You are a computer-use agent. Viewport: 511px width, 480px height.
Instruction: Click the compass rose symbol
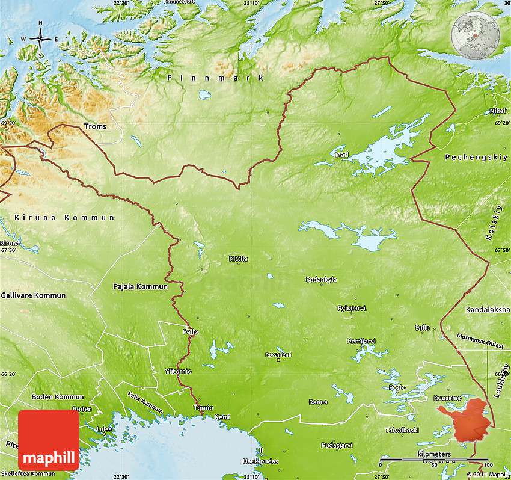[40, 40]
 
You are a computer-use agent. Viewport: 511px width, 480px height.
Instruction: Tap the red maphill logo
[49, 440]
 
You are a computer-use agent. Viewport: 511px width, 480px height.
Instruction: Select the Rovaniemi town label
[278, 355]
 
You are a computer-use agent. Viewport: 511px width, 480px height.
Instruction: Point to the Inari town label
[341, 155]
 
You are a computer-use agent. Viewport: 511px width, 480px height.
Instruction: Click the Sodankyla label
[321, 280]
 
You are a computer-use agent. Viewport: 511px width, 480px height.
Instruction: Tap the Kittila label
[238, 259]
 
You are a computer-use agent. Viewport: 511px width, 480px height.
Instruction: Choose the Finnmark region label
[215, 78]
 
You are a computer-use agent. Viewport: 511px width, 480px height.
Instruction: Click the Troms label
[95, 126]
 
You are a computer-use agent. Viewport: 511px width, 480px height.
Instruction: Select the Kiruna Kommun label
[64, 217]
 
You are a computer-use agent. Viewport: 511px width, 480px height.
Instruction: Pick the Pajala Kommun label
[140, 286]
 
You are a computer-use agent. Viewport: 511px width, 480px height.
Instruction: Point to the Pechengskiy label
[468, 157]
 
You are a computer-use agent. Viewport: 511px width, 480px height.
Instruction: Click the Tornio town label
[203, 408]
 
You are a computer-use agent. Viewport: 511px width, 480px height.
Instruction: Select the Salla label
[422, 327]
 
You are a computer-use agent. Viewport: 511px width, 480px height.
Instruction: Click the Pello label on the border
[190, 331]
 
